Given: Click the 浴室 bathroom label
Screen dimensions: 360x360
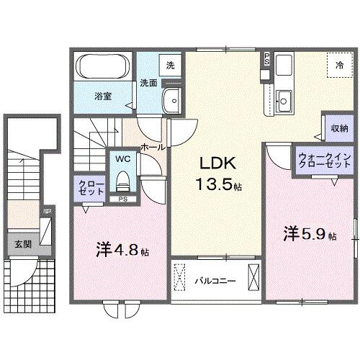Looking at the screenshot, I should (x=102, y=94).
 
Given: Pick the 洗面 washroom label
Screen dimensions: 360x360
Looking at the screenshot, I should (x=148, y=81).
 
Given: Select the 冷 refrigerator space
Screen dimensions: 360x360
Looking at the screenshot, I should (x=338, y=66).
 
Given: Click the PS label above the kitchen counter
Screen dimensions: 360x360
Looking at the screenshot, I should (x=267, y=58).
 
